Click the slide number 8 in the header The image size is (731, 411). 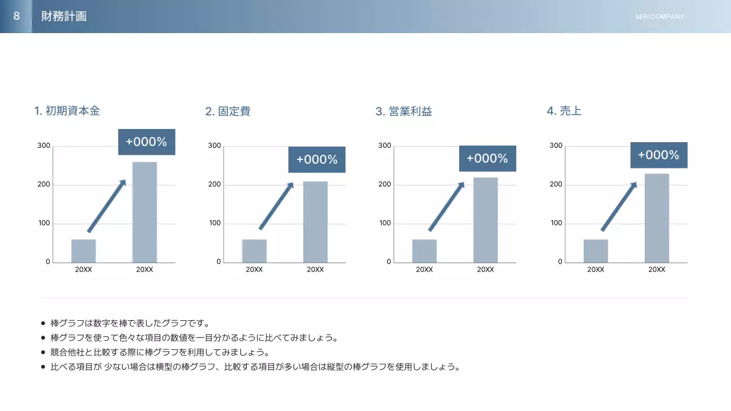coord(16,16)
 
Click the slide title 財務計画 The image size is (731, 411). coord(64,17)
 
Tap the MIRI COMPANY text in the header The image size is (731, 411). coord(660,17)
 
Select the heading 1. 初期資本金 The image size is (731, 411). coord(67,111)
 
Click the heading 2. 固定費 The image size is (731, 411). coord(227,111)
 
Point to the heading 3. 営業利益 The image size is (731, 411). coord(404,111)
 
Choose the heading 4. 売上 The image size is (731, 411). coord(564,111)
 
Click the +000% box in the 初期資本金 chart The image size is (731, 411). coord(146,142)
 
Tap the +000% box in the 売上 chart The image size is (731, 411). coord(658,155)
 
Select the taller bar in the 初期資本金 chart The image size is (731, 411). coord(144,212)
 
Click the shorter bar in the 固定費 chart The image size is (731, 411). coord(254,251)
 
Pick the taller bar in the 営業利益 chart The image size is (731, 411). coord(485,220)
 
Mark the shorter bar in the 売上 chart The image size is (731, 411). coord(596,251)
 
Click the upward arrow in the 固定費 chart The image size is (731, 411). coord(276,205)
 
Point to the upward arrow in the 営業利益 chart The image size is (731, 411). coord(447,206)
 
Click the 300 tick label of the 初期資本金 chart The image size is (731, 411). coord(44,146)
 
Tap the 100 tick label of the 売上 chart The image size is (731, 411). coord(556,223)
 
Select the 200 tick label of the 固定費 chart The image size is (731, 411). coord(215,184)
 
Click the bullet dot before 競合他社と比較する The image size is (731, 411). coord(43,352)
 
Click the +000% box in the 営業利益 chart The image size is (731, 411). coord(487,159)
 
